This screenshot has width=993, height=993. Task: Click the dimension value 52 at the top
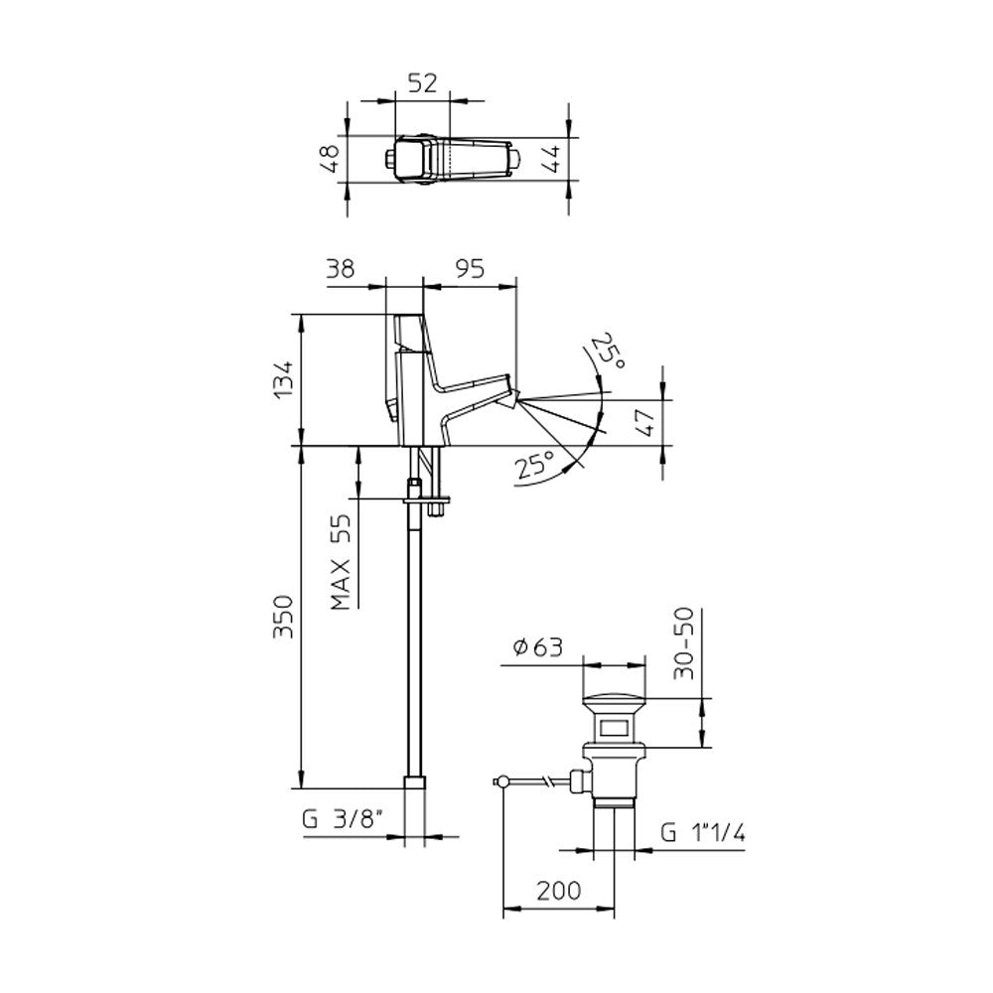[x=422, y=85]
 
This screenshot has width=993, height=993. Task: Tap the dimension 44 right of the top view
[x=553, y=158]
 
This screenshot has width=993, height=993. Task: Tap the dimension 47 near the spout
[x=643, y=421]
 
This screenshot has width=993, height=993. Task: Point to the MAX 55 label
[x=343, y=560]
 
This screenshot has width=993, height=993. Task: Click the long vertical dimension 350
[x=284, y=617]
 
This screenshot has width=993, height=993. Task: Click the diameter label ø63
[x=538, y=648]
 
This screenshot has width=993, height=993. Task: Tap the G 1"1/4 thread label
[x=703, y=834]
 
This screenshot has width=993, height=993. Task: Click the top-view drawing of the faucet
[x=453, y=159]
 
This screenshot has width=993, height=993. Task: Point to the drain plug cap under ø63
[x=615, y=696]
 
